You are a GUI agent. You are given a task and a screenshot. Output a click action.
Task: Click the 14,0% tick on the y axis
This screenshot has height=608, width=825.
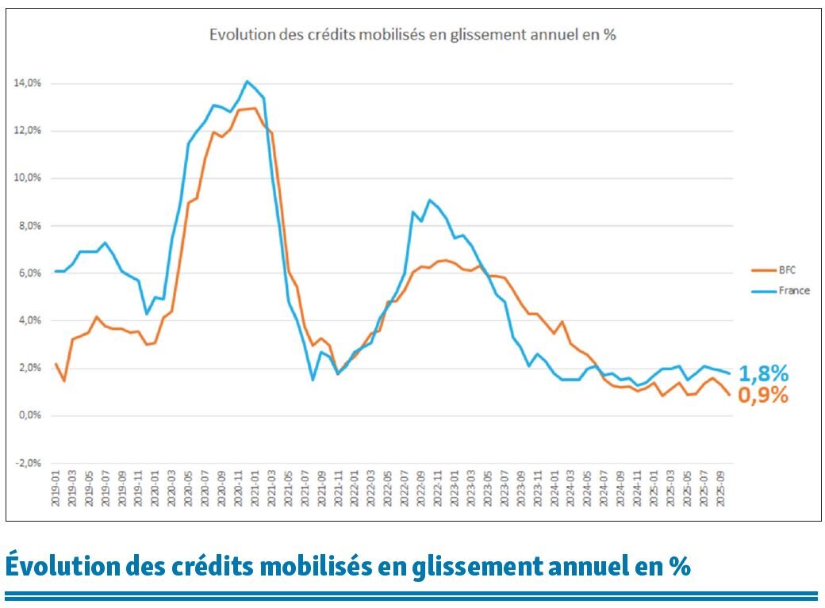click(x=29, y=83)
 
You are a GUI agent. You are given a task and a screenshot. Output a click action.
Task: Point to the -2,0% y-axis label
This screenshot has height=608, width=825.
click(x=29, y=463)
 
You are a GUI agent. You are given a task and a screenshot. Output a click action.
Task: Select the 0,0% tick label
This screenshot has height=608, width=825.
click(x=30, y=415)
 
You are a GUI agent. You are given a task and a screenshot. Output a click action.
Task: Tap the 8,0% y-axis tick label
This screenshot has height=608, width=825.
click(x=30, y=226)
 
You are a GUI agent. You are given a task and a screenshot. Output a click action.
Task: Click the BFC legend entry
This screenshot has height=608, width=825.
click(x=782, y=270)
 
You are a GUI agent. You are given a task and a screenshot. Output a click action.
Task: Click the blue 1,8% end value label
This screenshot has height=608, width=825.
click(x=763, y=373)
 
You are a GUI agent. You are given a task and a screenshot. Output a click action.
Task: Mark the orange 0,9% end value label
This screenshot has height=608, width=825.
click(x=763, y=395)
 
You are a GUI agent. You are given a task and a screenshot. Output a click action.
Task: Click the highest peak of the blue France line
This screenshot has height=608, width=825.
click(x=247, y=81)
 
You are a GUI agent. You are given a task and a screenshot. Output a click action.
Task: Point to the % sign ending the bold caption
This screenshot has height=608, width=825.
click(x=679, y=566)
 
